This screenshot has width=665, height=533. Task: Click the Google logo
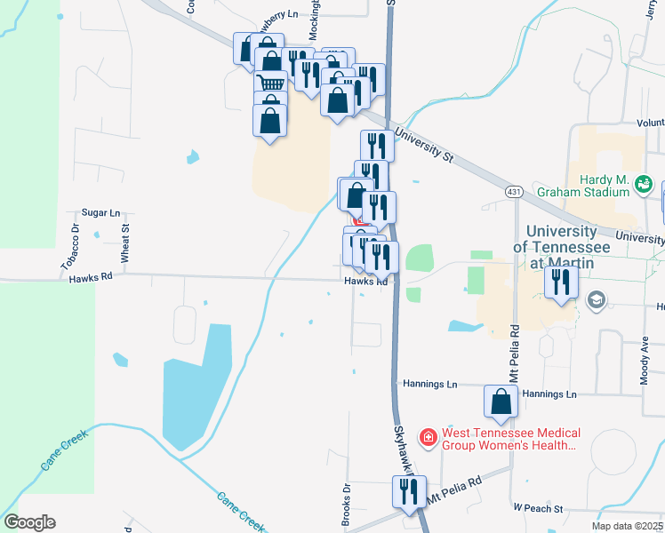click(29, 522)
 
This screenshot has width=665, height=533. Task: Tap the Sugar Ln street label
click(100, 213)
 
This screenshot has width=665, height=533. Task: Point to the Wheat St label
click(125, 241)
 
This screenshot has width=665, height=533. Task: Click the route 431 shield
click(514, 192)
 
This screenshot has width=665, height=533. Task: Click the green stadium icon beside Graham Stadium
click(645, 185)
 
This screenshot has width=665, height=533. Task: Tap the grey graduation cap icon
click(595, 300)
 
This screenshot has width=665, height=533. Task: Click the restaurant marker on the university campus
click(563, 282)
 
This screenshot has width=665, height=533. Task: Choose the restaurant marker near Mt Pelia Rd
click(410, 491)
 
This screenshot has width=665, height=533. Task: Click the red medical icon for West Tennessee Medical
click(429, 437)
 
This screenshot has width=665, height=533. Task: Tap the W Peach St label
click(538, 509)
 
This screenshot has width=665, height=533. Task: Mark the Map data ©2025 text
click(628, 526)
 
